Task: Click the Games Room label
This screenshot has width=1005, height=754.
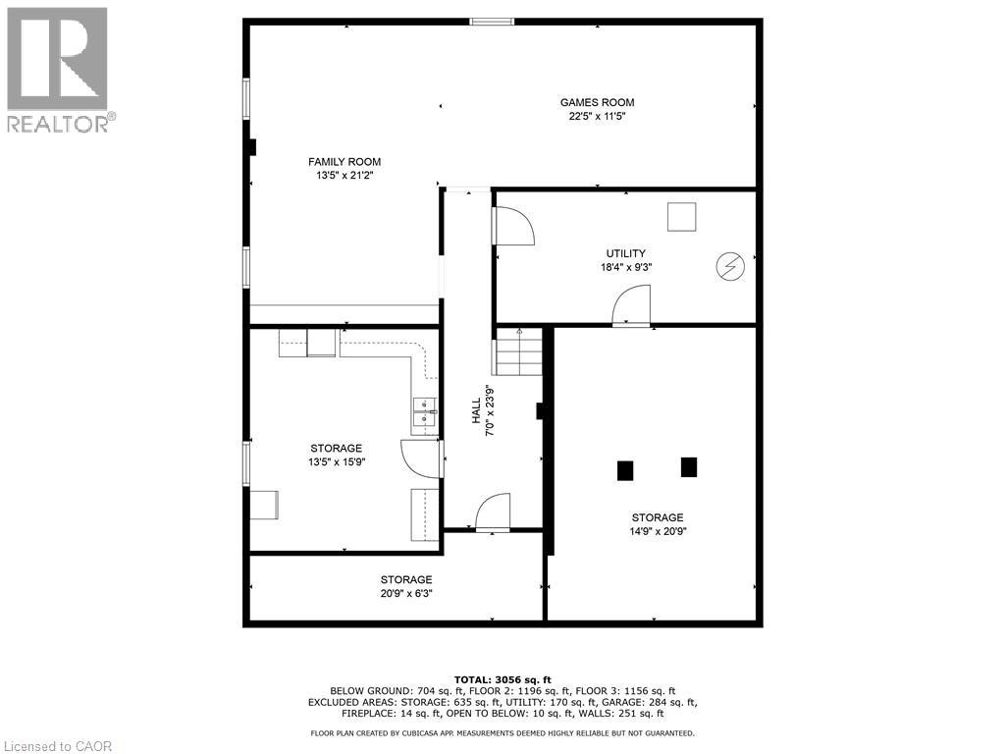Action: coord(597,102)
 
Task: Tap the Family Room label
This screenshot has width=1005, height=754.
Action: coord(344,162)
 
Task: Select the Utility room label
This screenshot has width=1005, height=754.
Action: coord(625,253)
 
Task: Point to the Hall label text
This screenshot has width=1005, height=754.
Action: coord(476,410)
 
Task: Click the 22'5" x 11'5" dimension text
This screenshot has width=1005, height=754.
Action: coord(597,116)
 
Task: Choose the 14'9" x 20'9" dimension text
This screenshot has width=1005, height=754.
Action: coord(658,531)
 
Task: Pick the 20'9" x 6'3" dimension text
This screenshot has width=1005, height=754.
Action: coord(406,593)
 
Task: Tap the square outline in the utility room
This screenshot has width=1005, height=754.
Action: coord(681,216)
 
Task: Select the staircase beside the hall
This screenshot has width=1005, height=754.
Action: coord(518,352)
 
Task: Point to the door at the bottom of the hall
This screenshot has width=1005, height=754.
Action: coord(492,513)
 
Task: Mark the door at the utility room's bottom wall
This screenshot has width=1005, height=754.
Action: coord(631,305)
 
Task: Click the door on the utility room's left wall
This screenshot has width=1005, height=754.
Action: coord(511,226)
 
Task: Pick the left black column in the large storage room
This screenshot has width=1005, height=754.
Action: coord(625,470)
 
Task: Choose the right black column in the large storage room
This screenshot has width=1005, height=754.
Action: coord(689,467)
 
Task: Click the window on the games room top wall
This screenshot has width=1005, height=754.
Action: coord(490,21)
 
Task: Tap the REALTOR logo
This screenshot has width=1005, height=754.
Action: coord(59,69)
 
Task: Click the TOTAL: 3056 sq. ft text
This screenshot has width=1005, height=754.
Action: coord(502,679)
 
